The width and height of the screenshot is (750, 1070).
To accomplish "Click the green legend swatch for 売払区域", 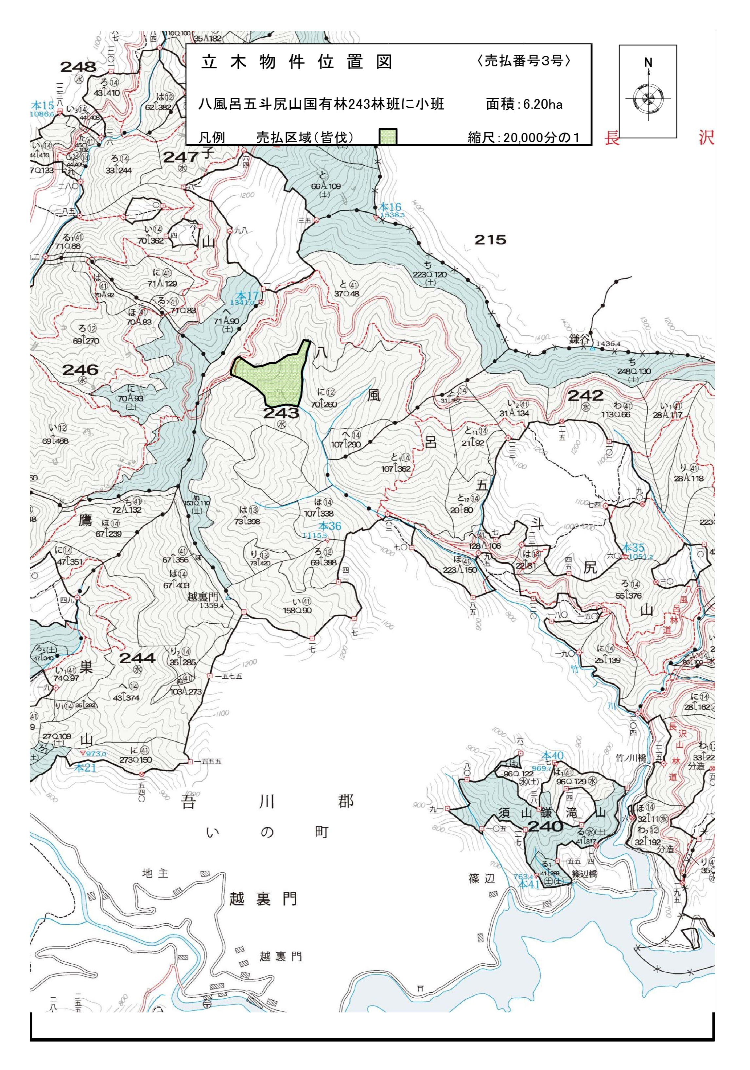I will tap(387, 136).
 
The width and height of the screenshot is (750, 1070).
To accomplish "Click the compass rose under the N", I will tap(648, 99).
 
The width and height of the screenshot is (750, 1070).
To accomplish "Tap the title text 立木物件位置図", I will tap(297, 62).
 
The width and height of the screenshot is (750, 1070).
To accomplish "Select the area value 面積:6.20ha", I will tap(524, 104).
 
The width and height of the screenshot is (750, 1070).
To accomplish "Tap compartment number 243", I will tap(281, 413).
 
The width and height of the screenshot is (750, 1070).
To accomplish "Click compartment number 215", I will tap(490, 240).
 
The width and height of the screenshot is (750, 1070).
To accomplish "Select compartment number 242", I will tap(585, 396).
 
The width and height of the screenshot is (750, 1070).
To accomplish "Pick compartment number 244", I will tap(137, 658).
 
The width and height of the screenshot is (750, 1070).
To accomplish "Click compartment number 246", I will tap(80, 370).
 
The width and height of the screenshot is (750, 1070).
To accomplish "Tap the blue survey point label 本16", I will tap(390, 206).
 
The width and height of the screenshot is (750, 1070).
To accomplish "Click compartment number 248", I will tap(78, 67).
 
